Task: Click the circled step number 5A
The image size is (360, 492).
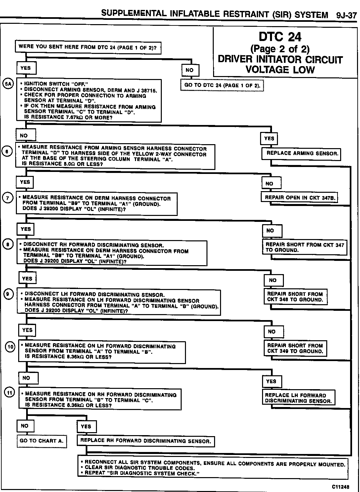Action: (x=7, y=84)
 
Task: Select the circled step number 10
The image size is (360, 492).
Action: (x=11, y=347)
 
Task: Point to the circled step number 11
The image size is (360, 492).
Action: (x=9, y=392)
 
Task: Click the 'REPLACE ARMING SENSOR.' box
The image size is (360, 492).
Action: (x=302, y=153)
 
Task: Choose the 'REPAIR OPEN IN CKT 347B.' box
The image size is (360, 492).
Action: (x=300, y=198)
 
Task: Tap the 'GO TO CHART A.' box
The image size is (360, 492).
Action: (x=42, y=441)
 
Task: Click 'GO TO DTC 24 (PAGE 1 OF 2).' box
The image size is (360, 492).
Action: (x=222, y=85)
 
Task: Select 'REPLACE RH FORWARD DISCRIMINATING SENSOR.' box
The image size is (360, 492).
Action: (x=146, y=441)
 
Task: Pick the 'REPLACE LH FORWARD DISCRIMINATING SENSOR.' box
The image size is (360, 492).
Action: (x=298, y=398)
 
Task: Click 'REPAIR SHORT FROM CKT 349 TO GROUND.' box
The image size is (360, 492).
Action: (x=295, y=348)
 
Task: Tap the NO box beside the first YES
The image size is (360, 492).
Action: (x=190, y=70)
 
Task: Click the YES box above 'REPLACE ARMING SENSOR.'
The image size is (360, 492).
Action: (x=269, y=139)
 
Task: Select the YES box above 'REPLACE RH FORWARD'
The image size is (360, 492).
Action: (x=86, y=427)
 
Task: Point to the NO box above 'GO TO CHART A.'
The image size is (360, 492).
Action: (x=25, y=426)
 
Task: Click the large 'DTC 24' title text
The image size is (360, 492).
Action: (x=280, y=37)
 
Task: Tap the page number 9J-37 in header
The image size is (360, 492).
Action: (x=346, y=15)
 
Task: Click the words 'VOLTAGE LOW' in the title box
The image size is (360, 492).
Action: (x=280, y=70)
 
